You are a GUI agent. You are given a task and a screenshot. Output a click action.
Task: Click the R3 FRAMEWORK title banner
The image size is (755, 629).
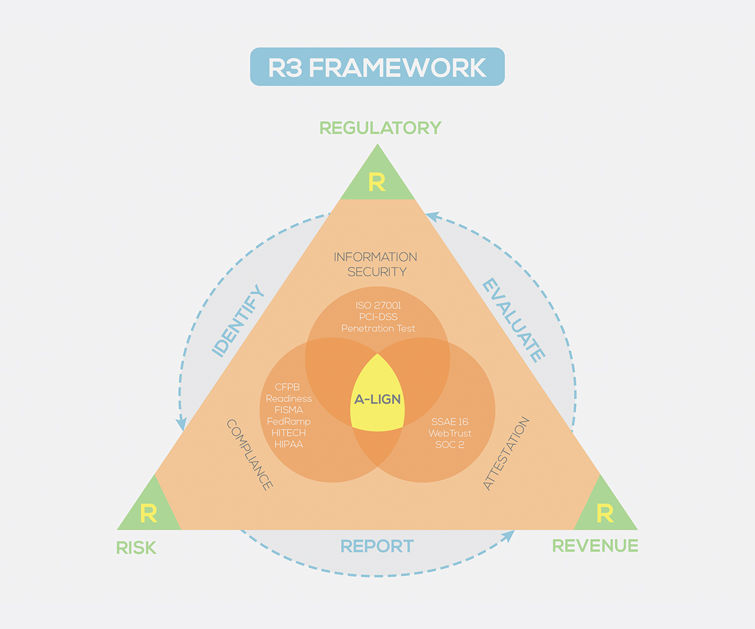[x=377, y=67]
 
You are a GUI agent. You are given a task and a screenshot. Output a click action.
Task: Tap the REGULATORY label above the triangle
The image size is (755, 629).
[x=380, y=128]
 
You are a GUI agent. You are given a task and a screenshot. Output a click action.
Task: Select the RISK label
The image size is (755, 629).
[x=136, y=547]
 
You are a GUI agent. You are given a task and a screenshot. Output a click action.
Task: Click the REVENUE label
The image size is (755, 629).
[x=595, y=545]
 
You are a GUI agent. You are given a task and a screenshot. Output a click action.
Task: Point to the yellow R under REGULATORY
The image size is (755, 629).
[x=377, y=182]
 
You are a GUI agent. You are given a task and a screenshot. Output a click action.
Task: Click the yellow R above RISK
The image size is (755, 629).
[x=148, y=513]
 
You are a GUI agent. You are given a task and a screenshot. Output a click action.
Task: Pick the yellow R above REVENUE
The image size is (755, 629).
[x=604, y=513]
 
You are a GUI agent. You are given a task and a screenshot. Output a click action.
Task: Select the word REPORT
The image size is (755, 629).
[x=377, y=545]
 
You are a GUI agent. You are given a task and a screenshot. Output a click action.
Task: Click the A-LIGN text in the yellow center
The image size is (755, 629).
[x=377, y=399]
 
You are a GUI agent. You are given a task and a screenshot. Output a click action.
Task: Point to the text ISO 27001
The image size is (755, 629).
[x=377, y=305]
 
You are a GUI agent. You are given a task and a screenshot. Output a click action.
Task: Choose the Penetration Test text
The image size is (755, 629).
[x=378, y=328]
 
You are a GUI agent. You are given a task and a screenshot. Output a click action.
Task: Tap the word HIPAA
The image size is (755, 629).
[x=288, y=444]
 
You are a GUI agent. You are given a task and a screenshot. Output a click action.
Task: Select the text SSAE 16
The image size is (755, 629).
[x=450, y=421]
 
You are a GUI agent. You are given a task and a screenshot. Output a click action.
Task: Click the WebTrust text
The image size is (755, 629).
[x=450, y=433]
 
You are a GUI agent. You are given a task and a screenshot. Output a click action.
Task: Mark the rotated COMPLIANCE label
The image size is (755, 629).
[x=249, y=455]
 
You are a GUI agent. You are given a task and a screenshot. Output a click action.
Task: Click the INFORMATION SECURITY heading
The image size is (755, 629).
[x=376, y=264]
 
